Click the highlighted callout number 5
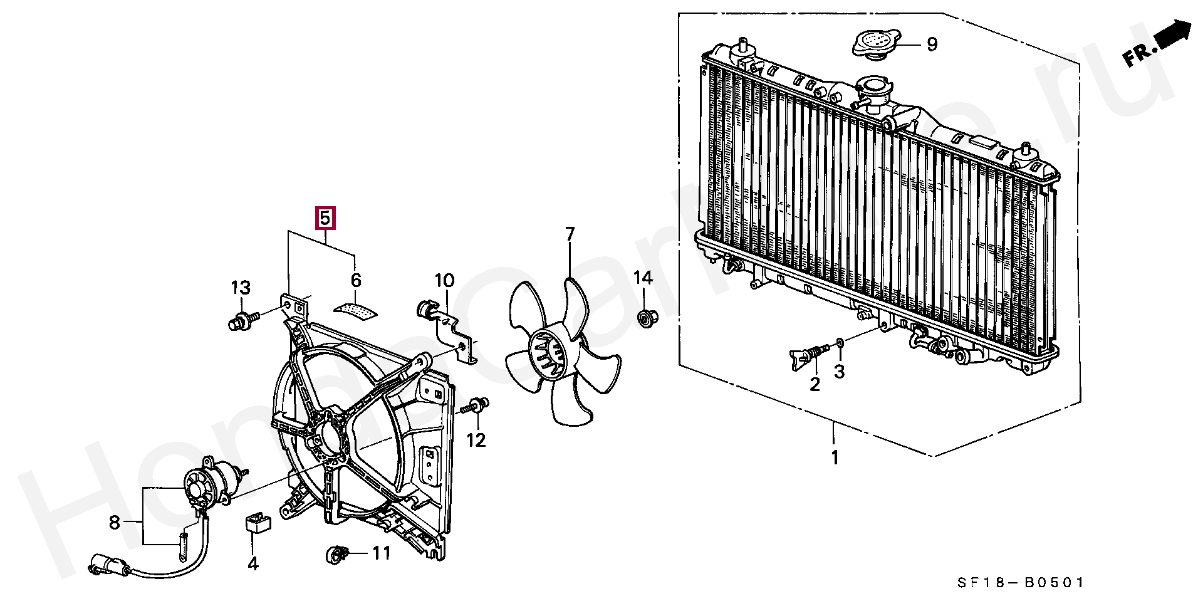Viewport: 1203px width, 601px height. click(x=325, y=218)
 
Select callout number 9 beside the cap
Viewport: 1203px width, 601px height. click(x=932, y=44)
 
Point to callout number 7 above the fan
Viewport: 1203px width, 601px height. click(x=570, y=235)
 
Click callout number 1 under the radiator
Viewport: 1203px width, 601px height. click(x=835, y=457)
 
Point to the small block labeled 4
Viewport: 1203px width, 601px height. click(x=257, y=522)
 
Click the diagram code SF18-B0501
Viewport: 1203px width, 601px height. click(x=1020, y=583)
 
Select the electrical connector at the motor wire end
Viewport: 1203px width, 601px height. click(x=105, y=565)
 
